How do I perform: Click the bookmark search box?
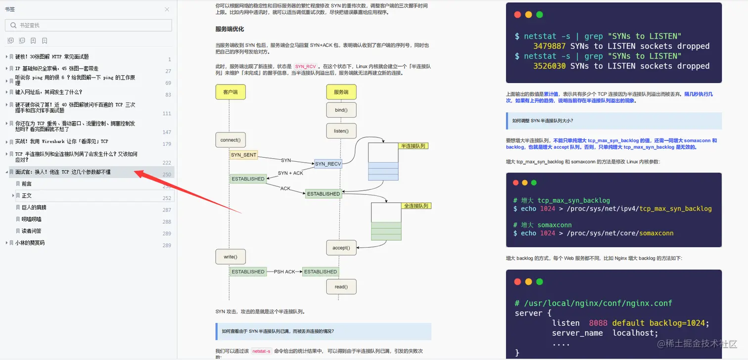pos(89,25)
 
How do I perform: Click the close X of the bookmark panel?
pos(167,9)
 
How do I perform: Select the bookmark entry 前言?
pos(27,183)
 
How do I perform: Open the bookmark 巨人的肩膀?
pos(34,207)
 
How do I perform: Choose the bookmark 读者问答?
pos(32,231)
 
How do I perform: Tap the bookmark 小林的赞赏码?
pos(30,243)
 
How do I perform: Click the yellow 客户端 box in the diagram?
pos(230,92)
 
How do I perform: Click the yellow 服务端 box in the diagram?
pos(341,92)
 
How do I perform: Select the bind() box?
pos(341,110)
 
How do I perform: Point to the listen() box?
pos(341,131)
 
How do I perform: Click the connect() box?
pos(230,140)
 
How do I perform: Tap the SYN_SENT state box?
pos(243,155)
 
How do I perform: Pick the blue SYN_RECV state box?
pos(327,164)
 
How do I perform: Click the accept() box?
pos(341,248)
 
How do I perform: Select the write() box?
pos(230,257)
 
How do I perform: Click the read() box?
pos(341,286)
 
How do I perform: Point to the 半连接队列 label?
pos(413,146)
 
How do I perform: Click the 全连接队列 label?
pos(416,206)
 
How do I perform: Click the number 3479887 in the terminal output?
pos(550,46)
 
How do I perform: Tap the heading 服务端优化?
pos(230,29)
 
